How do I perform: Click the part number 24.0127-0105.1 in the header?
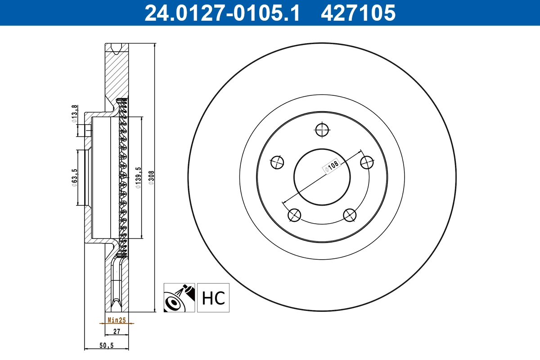(x=221, y=13)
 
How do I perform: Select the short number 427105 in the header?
(x=358, y=13)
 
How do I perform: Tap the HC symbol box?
(x=213, y=298)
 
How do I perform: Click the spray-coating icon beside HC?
(x=179, y=298)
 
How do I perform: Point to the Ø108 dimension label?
(x=331, y=167)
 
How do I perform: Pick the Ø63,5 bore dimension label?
(x=75, y=177)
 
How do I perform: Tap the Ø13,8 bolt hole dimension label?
(x=75, y=114)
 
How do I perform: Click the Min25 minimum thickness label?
(x=117, y=320)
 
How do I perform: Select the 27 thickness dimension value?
(x=117, y=331)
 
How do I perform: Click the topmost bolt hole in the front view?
(x=322, y=130)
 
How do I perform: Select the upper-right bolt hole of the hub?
(x=368, y=162)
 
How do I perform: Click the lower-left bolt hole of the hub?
(x=294, y=215)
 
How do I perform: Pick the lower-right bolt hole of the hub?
(x=350, y=215)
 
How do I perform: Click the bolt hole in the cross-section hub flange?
(x=88, y=131)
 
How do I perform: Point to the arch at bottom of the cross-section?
(x=117, y=304)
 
